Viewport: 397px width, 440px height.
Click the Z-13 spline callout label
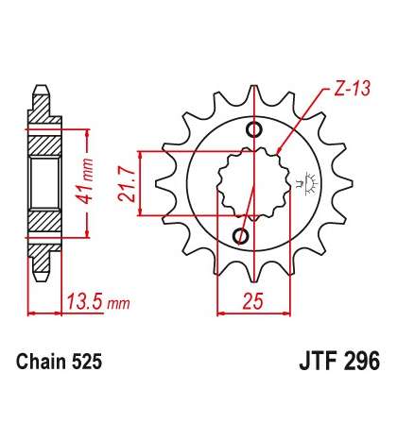(352, 89)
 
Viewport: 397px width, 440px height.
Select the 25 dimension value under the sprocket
(252, 301)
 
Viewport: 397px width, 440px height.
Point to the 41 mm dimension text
(85, 181)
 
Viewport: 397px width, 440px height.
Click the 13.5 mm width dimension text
(98, 301)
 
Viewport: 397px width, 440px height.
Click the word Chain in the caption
(42, 362)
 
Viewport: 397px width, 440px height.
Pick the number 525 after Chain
(87, 362)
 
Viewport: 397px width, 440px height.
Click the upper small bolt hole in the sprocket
(254, 129)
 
